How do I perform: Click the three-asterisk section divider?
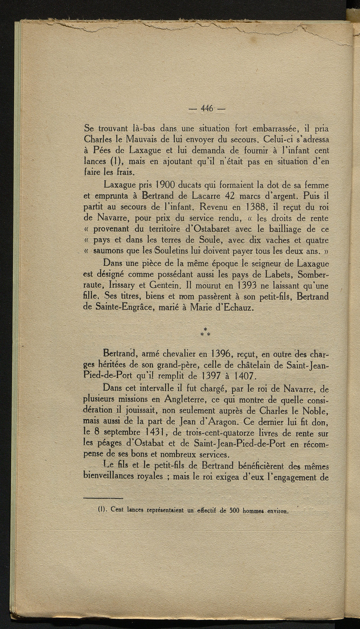(x=205, y=332)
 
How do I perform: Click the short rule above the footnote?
(x=103, y=498)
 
